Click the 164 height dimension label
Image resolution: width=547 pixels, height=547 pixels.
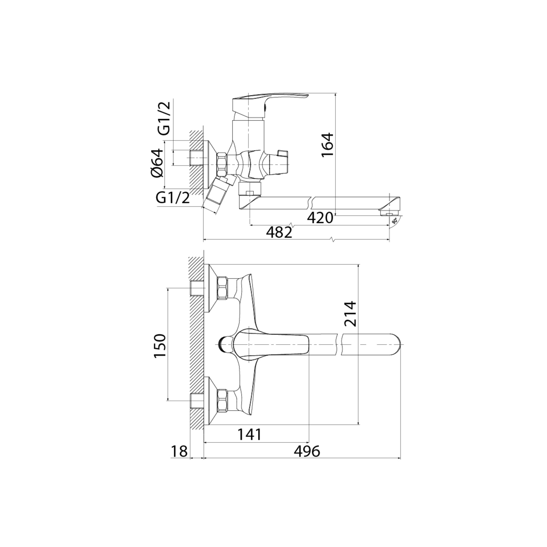327,144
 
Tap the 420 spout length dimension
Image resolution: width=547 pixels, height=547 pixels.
320,218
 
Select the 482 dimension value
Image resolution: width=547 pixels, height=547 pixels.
279,232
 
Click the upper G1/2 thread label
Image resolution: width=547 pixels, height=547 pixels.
164,119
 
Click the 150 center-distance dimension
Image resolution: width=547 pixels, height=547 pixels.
160,345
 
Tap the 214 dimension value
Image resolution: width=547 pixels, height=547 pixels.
350,313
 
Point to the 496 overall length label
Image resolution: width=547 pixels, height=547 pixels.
307,451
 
